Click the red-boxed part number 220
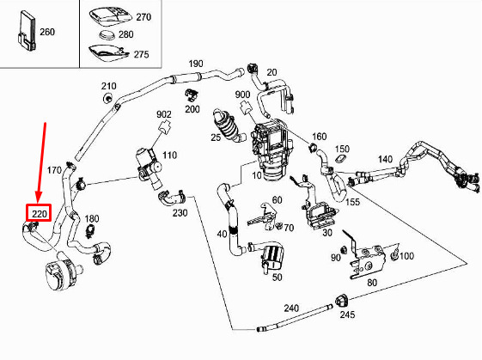pyautogui.click(x=39, y=213)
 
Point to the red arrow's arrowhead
pyautogui.click(x=39, y=197)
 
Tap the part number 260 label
pyautogui.click(x=47, y=32)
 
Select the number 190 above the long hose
pyautogui.click(x=196, y=64)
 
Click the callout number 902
pyautogui.click(x=164, y=114)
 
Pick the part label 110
pyautogui.click(x=169, y=155)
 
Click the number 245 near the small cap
pyautogui.click(x=347, y=314)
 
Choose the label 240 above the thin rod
pyautogui.click(x=291, y=308)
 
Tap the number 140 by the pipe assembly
pyautogui.click(x=385, y=159)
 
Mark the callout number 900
pyautogui.click(x=242, y=95)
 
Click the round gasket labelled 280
pyautogui.click(x=107, y=34)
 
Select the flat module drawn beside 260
pyautogui.click(x=26, y=31)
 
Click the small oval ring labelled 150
pyautogui.click(x=340, y=160)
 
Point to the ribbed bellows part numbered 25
pyautogui.click(x=228, y=125)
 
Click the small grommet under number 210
pyautogui.click(x=107, y=99)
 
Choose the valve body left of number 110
pyautogui.click(x=149, y=167)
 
